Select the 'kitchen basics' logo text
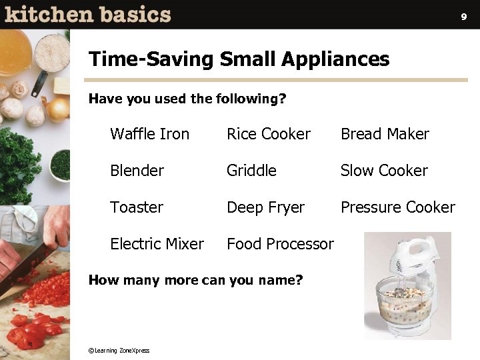[x=87, y=14]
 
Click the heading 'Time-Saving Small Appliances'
[x=239, y=59]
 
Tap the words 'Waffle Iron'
[x=149, y=134]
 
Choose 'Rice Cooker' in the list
[x=269, y=134]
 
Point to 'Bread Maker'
[x=385, y=134]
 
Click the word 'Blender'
[x=137, y=171]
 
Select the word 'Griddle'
[x=251, y=171]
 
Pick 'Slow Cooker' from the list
[x=384, y=171]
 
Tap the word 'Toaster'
[x=137, y=207]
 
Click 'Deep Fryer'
[x=265, y=207]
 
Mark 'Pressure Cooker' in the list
[x=397, y=207]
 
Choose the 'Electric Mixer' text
[x=157, y=244]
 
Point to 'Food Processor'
[x=280, y=244]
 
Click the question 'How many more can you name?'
[x=195, y=280]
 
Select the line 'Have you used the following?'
[x=187, y=99]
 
